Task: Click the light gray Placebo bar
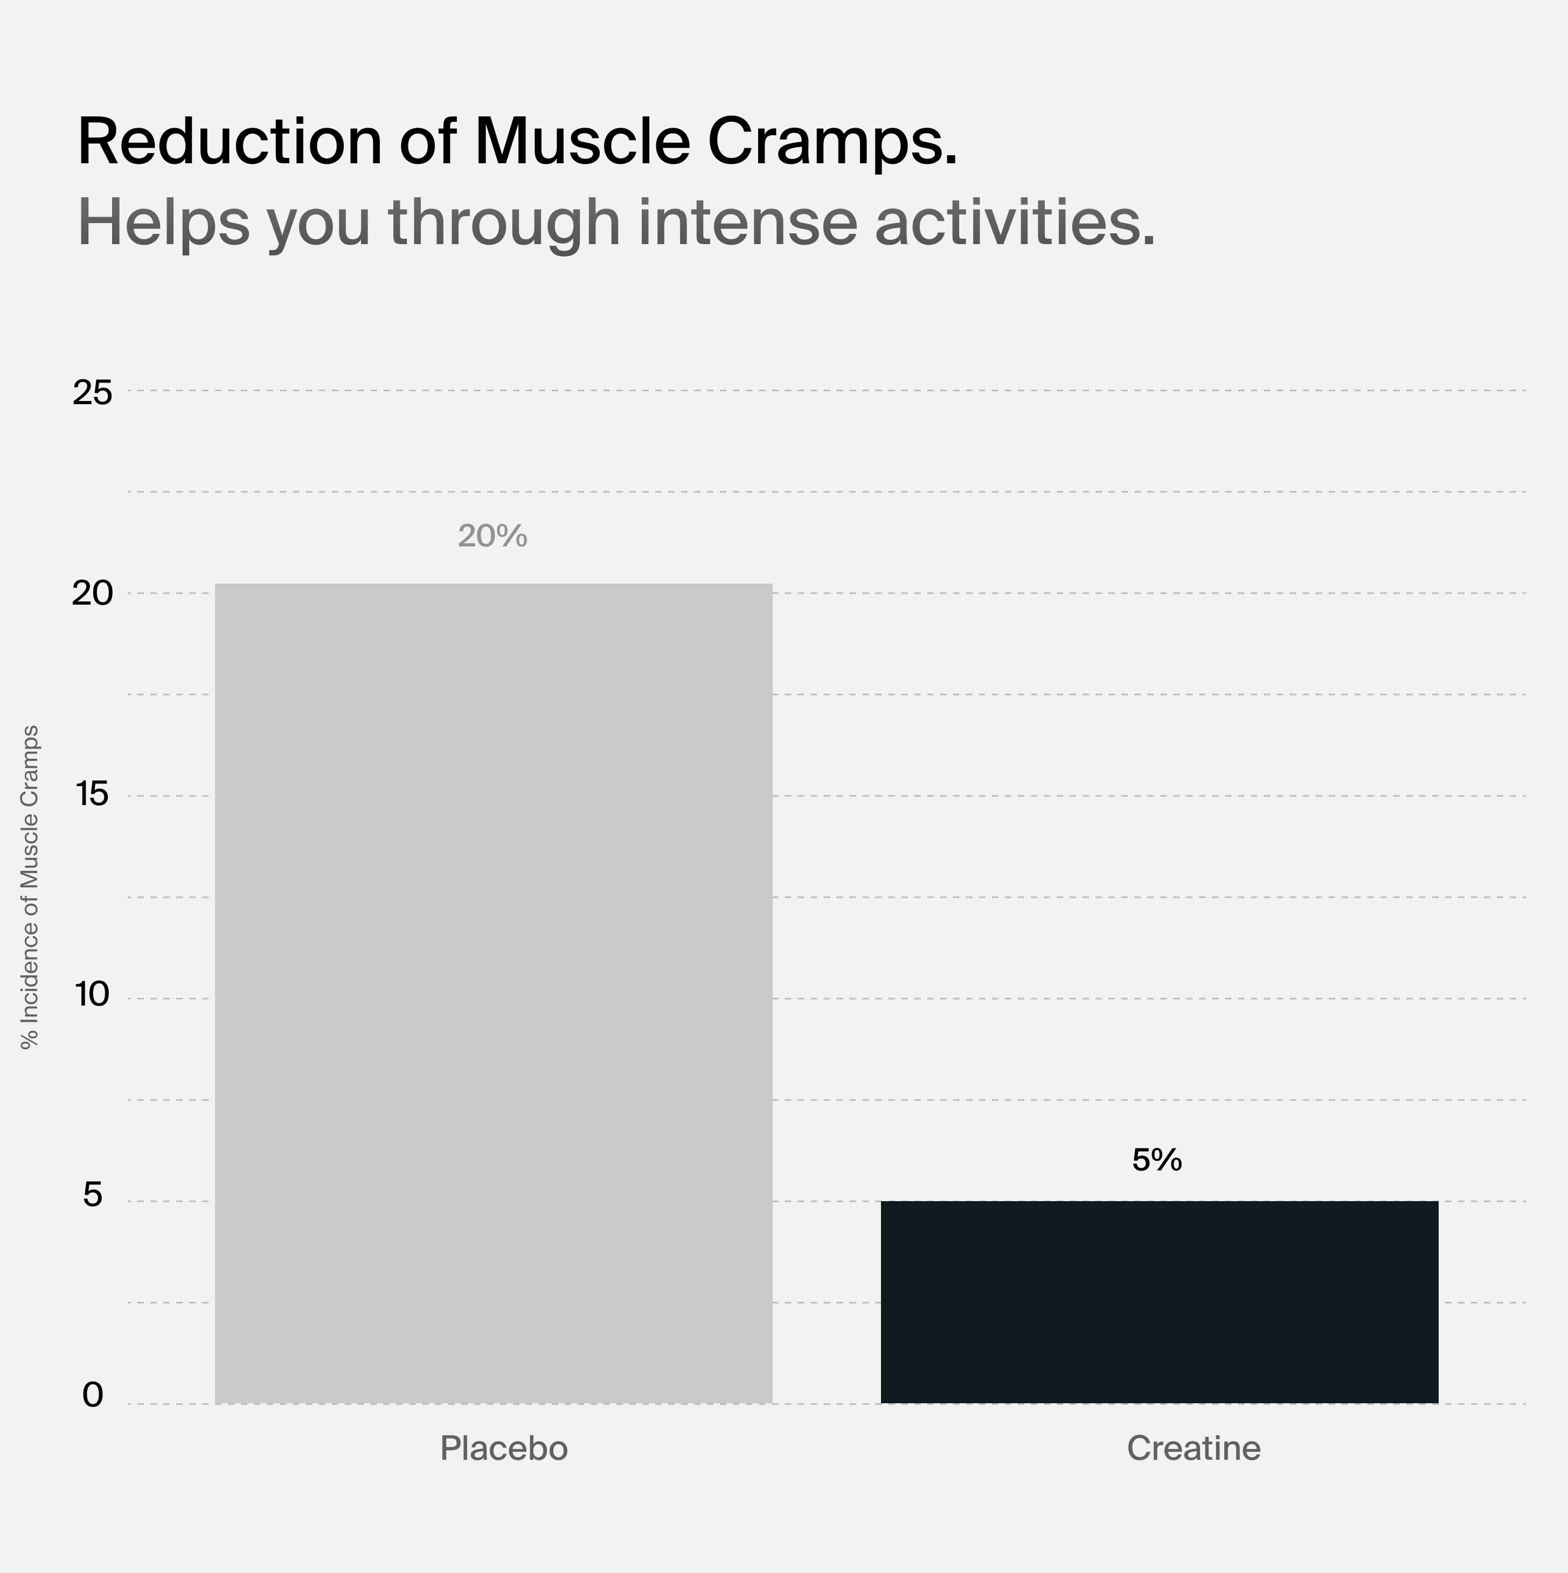click(494, 993)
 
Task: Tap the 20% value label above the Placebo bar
click(492, 536)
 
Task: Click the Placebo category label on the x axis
click(504, 1449)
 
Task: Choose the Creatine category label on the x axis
click(1194, 1449)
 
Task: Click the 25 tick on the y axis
click(92, 393)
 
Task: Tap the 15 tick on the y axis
click(92, 795)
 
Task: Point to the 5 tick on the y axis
click(93, 1195)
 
